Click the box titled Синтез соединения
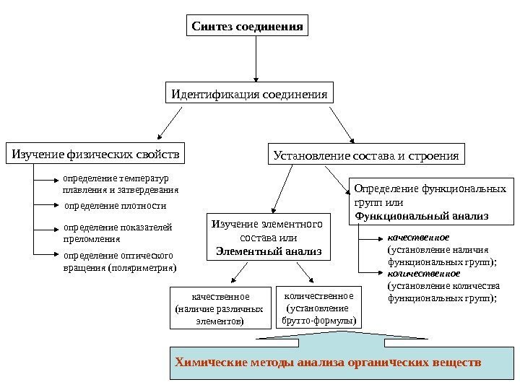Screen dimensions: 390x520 (x=246, y=26)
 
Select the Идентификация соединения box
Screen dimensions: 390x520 (x=249, y=95)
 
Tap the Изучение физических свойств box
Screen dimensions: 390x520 (x=95, y=153)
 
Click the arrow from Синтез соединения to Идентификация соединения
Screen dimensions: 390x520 (x=256, y=58)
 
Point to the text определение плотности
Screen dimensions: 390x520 (x=115, y=206)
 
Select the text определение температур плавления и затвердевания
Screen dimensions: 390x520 (x=120, y=184)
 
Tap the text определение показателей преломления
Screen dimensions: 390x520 (x=118, y=232)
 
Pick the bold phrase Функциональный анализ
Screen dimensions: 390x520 (x=422, y=215)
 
